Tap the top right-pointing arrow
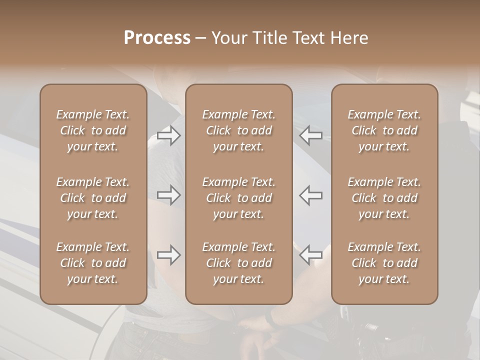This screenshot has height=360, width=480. tap(168, 135)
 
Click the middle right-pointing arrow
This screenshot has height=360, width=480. tap(168, 195)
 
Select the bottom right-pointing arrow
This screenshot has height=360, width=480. tap(168, 255)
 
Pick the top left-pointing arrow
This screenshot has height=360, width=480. tap(311, 135)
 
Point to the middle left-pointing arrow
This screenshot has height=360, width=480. tap(311, 195)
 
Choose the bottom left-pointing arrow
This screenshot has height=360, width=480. tap(311, 255)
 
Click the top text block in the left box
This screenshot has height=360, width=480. tap(93, 130)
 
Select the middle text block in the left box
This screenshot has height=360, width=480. tap(93, 198)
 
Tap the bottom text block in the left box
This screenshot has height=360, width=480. tap(93, 263)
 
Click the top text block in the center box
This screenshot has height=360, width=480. tap(239, 130)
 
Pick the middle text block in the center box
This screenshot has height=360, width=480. tap(239, 198)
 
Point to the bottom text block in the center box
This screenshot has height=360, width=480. tap(239, 263)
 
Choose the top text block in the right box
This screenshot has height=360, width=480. tap(384, 130)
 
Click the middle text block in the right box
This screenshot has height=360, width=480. tap(384, 198)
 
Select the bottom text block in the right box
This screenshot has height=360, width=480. tap(384, 263)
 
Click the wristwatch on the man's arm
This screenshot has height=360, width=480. tap(270, 319)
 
